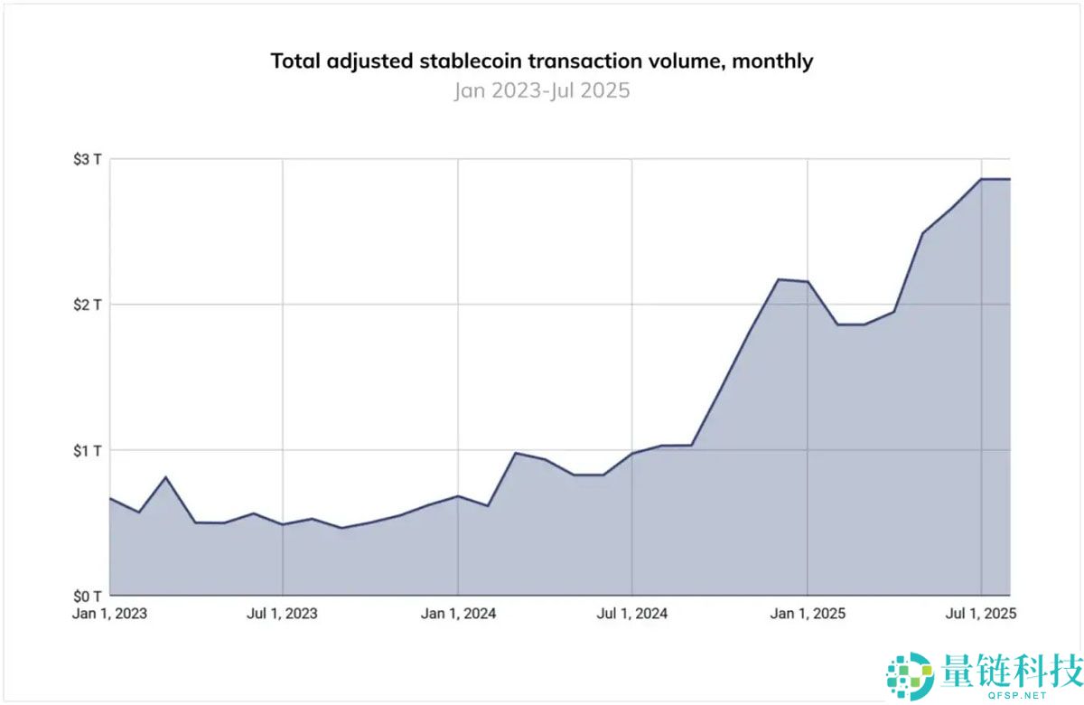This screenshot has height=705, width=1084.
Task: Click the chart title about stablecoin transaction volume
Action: coord(542,61)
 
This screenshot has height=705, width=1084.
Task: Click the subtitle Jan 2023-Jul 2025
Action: coord(542,90)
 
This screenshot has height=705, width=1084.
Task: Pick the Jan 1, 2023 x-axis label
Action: coord(109,614)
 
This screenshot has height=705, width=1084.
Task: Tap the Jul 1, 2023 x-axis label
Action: coord(283,614)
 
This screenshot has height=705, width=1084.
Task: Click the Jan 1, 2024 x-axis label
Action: coord(458,614)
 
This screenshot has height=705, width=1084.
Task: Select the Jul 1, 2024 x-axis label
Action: coord(632,614)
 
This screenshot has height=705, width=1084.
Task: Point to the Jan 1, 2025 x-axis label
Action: coord(808,614)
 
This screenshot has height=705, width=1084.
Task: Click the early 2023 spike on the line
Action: coord(165,476)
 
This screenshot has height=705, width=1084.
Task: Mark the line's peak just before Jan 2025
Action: coord(779,279)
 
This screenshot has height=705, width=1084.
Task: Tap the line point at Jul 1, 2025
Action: coord(982,179)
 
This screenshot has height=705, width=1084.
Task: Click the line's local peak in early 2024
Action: coord(515,453)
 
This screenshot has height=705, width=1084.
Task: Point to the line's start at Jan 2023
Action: coord(109,498)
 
